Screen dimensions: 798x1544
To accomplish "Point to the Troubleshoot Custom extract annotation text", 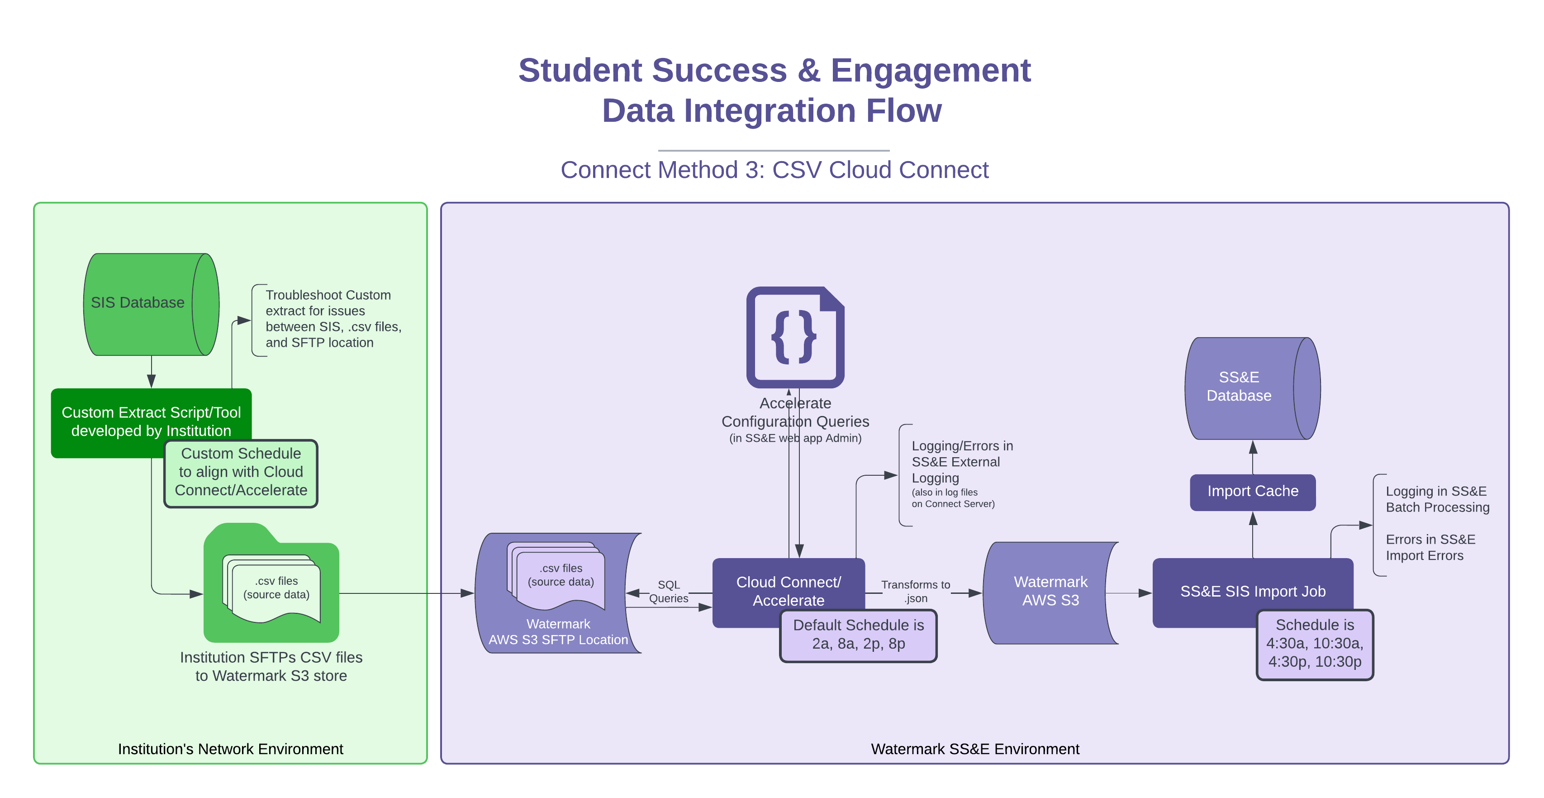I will click(x=333, y=319).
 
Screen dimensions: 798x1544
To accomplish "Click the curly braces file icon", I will click(x=795, y=337).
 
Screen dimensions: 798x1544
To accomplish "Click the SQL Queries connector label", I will click(x=668, y=591).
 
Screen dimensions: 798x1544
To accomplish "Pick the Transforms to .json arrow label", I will click(x=915, y=591).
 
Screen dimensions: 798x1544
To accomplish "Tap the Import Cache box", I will click(x=1252, y=492).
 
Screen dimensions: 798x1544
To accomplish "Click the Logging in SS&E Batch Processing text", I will click(x=1437, y=499).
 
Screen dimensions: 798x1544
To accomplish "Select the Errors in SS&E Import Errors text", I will click(x=1430, y=547).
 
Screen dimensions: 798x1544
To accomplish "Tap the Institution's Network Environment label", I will click(x=230, y=749).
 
